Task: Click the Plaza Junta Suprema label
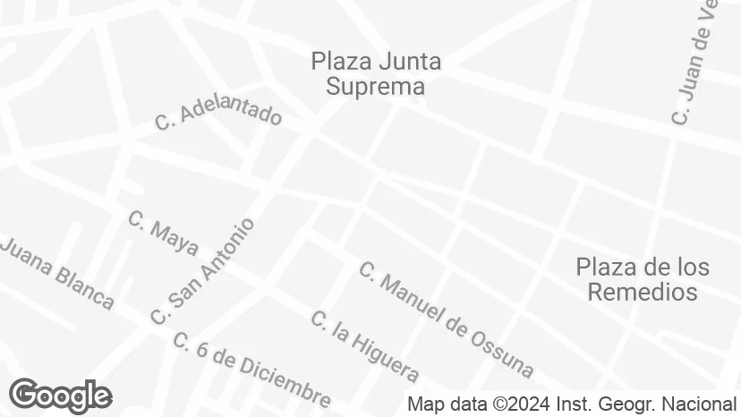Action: pos(375,73)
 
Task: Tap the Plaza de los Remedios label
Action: pos(642,278)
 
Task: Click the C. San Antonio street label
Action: pos(203,271)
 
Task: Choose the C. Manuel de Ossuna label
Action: pos(446,319)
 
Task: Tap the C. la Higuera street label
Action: pos(364,345)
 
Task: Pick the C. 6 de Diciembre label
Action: pos(251,369)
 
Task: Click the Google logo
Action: pos(60,396)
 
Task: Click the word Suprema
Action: pos(375,87)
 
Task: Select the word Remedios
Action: pos(642,292)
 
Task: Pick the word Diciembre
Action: pos(285,383)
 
